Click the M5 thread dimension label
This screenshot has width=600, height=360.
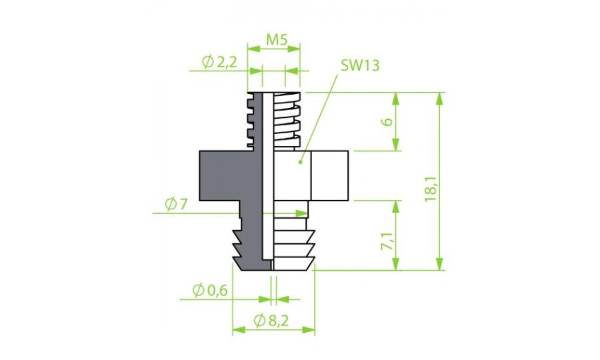[x=276, y=39]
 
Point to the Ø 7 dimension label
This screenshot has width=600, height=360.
[x=174, y=205]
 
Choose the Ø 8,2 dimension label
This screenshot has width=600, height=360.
[x=273, y=321]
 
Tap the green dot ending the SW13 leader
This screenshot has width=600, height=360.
[x=301, y=161]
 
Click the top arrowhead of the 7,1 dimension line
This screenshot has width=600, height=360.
[x=397, y=205]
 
